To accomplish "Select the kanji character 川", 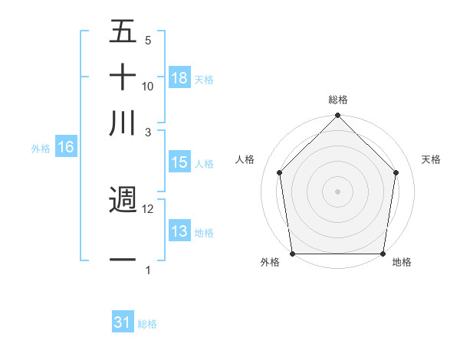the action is click(123, 123).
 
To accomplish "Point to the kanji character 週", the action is click(123, 200).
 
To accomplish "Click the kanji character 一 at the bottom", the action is click(123, 260).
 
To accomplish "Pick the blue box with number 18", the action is click(179, 77).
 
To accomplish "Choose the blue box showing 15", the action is click(179, 162).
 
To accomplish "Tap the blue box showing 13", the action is click(179, 231).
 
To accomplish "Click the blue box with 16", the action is click(66, 148).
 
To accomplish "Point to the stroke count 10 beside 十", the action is click(148, 87).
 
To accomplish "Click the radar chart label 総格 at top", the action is click(338, 100).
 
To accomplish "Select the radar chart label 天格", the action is click(432, 159).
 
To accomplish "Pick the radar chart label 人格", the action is click(245, 159).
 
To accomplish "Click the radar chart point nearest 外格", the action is click(293, 254).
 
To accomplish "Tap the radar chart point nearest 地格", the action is click(383, 254).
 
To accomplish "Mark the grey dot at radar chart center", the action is click(338, 191).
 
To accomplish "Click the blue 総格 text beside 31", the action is click(147, 324).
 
